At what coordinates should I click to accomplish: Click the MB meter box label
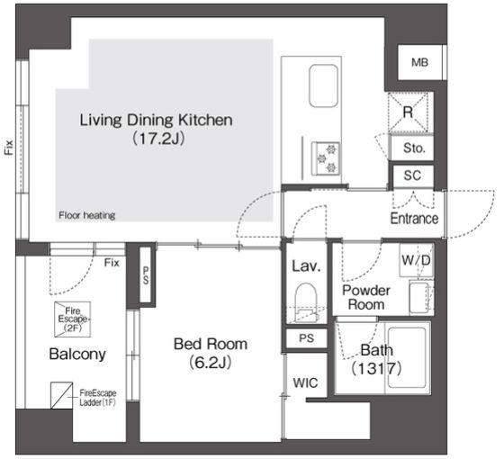tap(419, 62)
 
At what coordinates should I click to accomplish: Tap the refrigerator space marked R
tap(409, 112)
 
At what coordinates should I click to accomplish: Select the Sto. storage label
tap(414, 148)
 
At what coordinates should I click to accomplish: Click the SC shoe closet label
tap(412, 175)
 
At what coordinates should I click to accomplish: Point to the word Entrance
tap(414, 219)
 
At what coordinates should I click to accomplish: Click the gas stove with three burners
tap(326, 158)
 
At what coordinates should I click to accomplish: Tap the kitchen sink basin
tap(323, 86)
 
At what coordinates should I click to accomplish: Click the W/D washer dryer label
tap(416, 260)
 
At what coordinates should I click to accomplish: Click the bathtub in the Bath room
tap(407, 357)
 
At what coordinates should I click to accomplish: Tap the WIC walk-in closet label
tap(305, 382)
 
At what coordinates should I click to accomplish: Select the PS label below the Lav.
tap(306, 337)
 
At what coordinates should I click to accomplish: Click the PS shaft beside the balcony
tap(146, 274)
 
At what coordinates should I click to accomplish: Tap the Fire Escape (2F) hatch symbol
tap(72, 319)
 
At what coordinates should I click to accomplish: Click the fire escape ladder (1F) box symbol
tap(62, 395)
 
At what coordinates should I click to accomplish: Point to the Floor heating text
tap(86, 215)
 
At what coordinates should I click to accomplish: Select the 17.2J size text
tap(158, 139)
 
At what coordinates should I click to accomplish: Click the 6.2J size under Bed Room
tap(211, 363)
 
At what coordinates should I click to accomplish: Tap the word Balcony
tap(77, 355)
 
